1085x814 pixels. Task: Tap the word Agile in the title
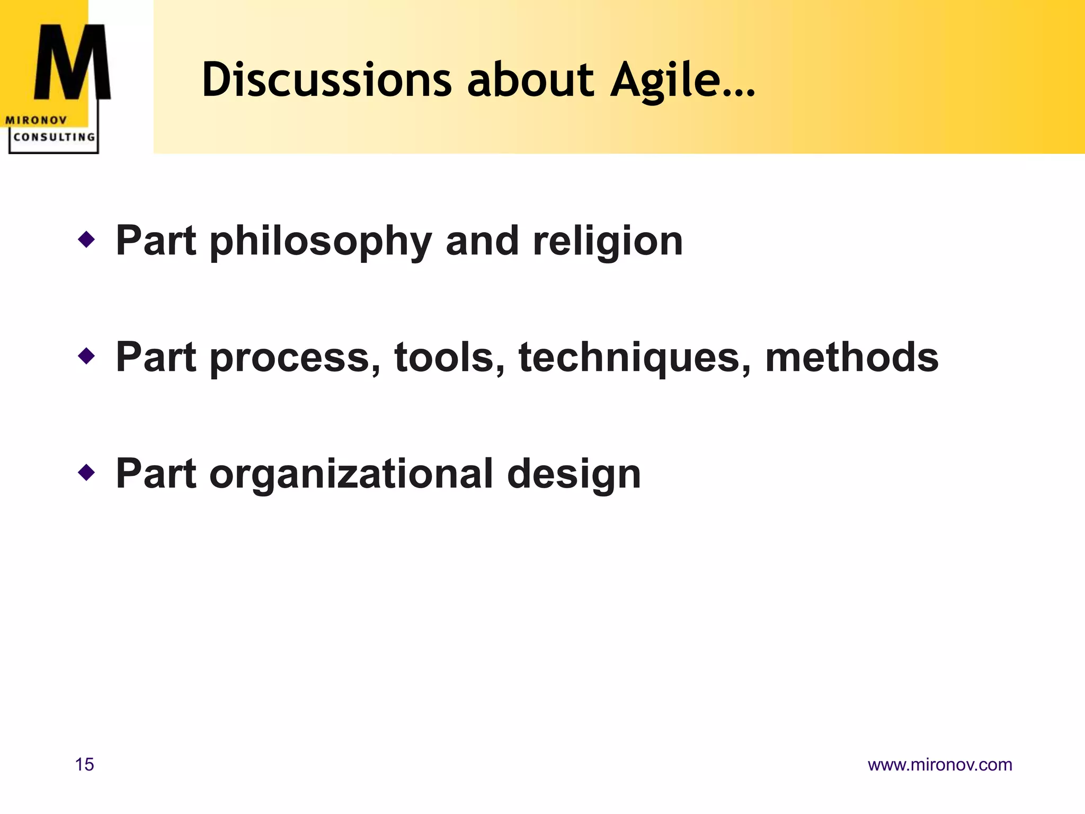pyautogui.click(x=665, y=81)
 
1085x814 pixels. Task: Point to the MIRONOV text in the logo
pyautogui.click(x=36, y=120)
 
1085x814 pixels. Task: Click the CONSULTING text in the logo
pyautogui.click(x=54, y=137)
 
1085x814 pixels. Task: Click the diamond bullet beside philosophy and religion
pyautogui.click(x=86, y=240)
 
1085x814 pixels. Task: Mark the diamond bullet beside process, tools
pyautogui.click(x=86, y=356)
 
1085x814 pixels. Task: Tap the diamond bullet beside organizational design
pyautogui.click(x=86, y=472)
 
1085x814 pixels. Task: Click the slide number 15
pyautogui.click(x=85, y=765)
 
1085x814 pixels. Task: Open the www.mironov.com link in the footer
pyautogui.click(x=940, y=765)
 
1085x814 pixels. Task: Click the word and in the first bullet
pyautogui.click(x=482, y=241)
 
